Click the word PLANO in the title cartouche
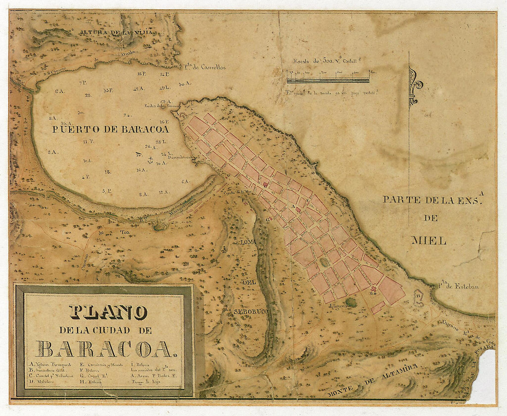click(x=108, y=312)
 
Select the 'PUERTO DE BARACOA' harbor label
click(x=111, y=129)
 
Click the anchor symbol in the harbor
click(x=150, y=160)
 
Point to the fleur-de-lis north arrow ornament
click(x=414, y=86)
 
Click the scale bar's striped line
click(x=328, y=80)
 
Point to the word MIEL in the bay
click(x=429, y=240)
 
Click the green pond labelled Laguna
click(x=351, y=302)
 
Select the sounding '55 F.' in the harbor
click(x=108, y=91)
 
